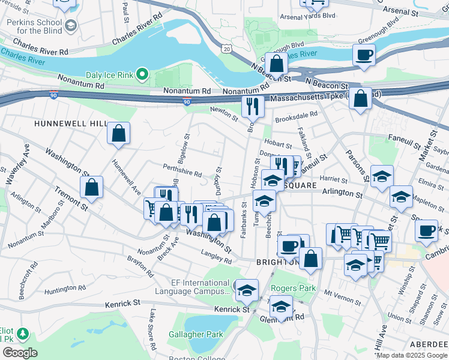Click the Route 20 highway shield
(225, 47)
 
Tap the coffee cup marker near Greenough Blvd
(364, 56)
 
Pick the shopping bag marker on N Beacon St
(276, 63)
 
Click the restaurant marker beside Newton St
(253, 106)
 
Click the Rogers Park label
(292, 289)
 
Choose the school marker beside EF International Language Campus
(247, 290)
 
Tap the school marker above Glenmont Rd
(281, 306)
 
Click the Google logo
(20, 352)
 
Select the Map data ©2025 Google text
(411, 355)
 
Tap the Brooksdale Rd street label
(296, 117)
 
